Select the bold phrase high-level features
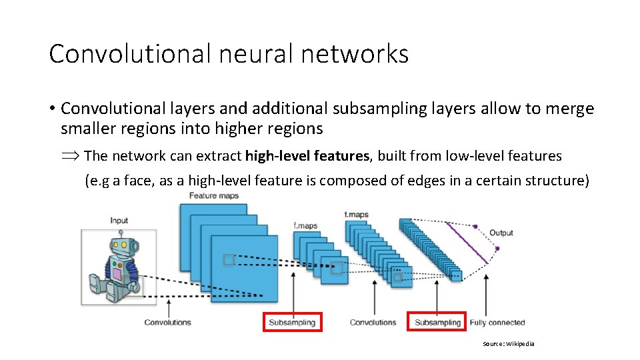tap(307, 156)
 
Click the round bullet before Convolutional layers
tap(51, 109)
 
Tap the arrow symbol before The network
tap(71, 156)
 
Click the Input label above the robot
tap(119, 221)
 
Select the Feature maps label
tap(214, 195)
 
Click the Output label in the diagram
tap(501, 233)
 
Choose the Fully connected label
tap(497, 323)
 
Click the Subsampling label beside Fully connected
tap(437, 323)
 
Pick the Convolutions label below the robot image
tap(167, 323)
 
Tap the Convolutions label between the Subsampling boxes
tap(373, 323)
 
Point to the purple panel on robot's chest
tap(117, 273)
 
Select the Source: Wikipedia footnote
tap(509, 344)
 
